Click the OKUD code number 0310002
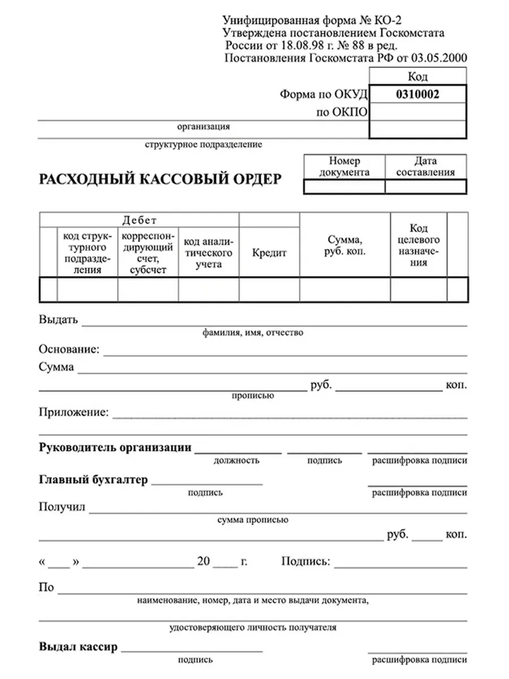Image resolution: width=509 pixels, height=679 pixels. pyautogui.click(x=418, y=95)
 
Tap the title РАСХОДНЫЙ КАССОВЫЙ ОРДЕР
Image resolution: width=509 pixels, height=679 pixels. pyautogui.click(x=160, y=179)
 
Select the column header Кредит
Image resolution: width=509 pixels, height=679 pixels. pyautogui.click(x=269, y=253)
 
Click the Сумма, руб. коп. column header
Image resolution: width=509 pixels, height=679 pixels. pyautogui.click(x=345, y=246)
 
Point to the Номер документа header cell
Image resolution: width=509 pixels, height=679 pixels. pyautogui.click(x=344, y=167)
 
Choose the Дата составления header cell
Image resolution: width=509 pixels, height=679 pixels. pyautogui.click(x=426, y=167)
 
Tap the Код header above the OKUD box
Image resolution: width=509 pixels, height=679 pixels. pyautogui.click(x=418, y=76)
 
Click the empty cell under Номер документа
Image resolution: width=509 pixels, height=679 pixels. pyautogui.click(x=344, y=187)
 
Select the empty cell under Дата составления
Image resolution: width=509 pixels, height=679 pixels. pyautogui.click(x=426, y=187)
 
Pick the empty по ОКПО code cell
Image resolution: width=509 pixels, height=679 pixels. pyautogui.click(x=418, y=113)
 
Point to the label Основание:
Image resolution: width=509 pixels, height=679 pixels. pyautogui.click(x=70, y=349)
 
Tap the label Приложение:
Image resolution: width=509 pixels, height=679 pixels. pyautogui.click(x=74, y=412)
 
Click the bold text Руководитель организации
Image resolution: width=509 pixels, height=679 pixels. pyautogui.click(x=115, y=447)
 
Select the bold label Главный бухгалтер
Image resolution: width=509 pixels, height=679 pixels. pyautogui.click(x=93, y=480)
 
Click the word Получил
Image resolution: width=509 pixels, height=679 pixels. pyautogui.click(x=62, y=506)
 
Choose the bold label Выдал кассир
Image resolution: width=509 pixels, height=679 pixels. pyautogui.click(x=79, y=646)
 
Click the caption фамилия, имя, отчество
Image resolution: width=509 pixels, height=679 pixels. pyautogui.click(x=253, y=333)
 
